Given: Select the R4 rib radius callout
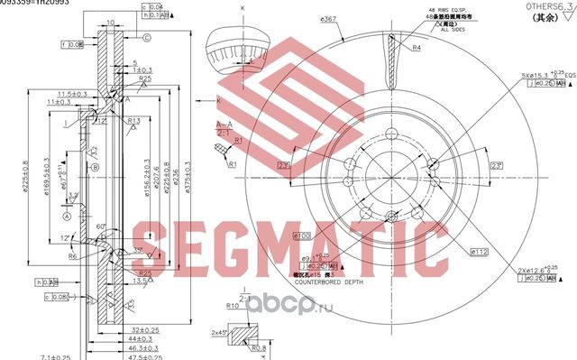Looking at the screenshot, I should coord(418,47).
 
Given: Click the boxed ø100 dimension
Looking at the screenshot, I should coord(303,235).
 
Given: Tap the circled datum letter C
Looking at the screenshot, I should coord(146,37).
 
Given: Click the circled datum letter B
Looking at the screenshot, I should coord(95,167).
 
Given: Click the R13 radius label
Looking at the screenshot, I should coord(133,120).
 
